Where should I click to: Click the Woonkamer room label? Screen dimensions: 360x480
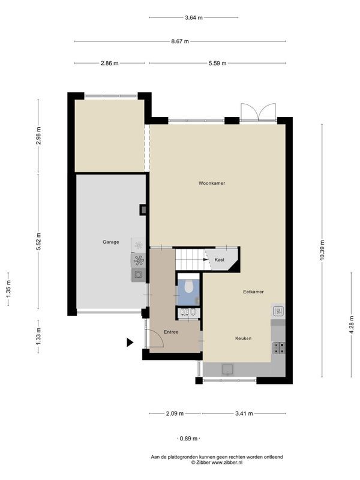(212, 184)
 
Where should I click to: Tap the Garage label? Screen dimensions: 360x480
(111, 242)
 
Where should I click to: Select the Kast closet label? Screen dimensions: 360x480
(220, 260)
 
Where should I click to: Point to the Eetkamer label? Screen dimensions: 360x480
(253, 292)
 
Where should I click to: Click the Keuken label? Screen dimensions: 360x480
(244, 338)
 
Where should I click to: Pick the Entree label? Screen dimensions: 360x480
(171, 332)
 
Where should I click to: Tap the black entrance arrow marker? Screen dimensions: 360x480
(130, 342)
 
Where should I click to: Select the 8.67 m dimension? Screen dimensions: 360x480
(180, 41)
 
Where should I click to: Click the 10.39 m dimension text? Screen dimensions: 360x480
(322, 251)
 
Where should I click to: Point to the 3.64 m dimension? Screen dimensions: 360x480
(194, 18)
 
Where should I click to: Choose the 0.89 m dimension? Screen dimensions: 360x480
(188, 439)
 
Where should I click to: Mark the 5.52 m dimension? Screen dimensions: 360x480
(38, 242)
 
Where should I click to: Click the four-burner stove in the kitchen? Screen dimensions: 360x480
(278, 348)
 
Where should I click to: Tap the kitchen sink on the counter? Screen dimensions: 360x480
(228, 369)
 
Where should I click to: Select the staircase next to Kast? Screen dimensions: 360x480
(190, 260)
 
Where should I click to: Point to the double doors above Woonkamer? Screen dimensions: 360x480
(258, 112)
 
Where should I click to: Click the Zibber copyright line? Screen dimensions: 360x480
(217, 463)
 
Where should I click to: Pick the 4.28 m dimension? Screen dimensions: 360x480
(351, 324)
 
